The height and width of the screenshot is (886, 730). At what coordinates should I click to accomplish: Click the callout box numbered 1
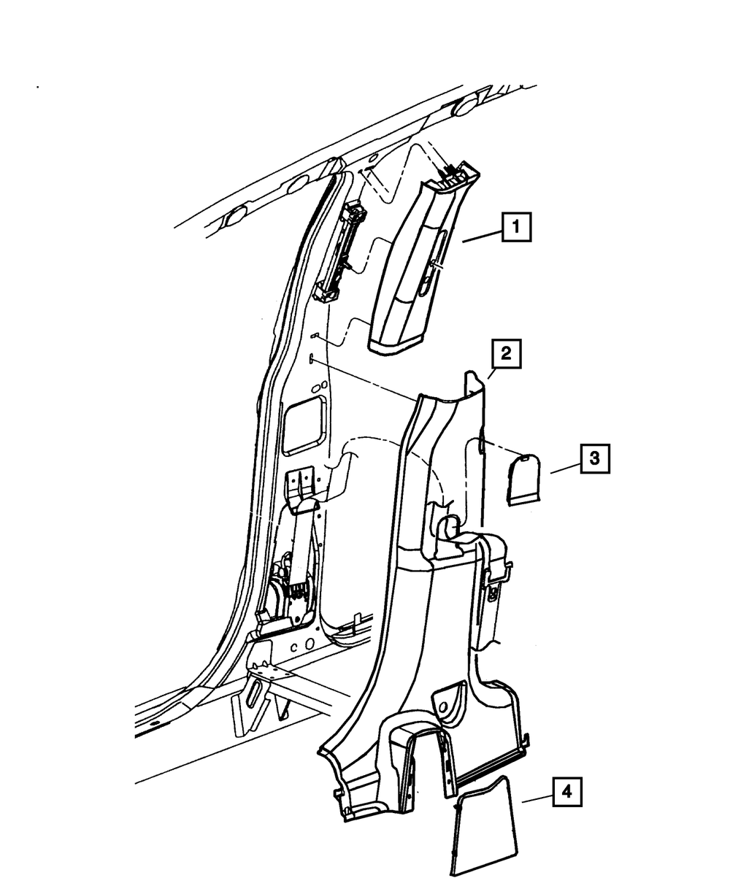(516, 227)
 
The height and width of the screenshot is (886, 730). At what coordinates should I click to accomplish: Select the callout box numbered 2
(505, 355)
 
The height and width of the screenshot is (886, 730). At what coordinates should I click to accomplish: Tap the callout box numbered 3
(595, 458)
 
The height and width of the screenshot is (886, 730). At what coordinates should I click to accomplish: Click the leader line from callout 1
(481, 236)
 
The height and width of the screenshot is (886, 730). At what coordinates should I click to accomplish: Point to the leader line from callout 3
(565, 468)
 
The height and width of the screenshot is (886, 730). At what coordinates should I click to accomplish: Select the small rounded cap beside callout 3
(523, 477)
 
